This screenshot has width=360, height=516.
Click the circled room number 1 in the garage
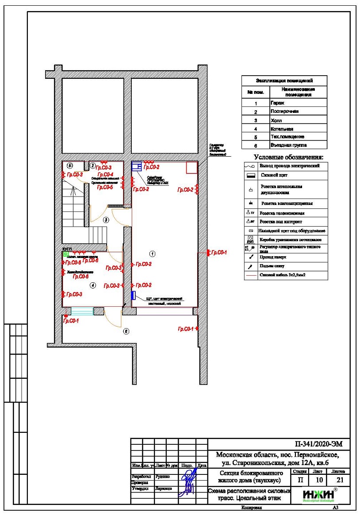(x=152, y=254)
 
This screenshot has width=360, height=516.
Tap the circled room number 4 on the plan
(x=92, y=285)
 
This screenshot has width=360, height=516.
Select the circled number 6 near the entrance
(x=126, y=331)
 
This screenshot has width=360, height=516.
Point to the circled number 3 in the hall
(x=106, y=219)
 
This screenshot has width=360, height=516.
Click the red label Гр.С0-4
(x=105, y=174)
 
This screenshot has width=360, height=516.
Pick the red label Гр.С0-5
(x=105, y=187)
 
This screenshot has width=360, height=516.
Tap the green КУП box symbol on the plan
(x=65, y=254)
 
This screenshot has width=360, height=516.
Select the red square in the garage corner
(x=191, y=168)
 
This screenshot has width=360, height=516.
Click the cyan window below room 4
(x=83, y=312)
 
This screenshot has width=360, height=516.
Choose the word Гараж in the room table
(x=278, y=103)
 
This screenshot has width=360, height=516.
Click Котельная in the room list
(x=282, y=128)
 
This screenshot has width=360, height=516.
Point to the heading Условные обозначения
(x=288, y=157)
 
